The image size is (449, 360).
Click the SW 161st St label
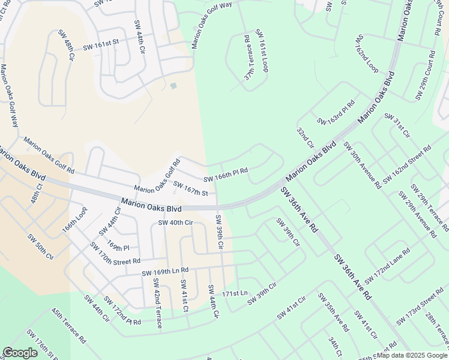pos(101,44)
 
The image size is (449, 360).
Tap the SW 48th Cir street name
pos(66,44)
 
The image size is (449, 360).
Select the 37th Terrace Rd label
pos(249,58)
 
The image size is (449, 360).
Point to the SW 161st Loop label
pos(262,50)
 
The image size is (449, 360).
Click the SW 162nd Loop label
pos(366,53)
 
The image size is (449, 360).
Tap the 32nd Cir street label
pos(306,137)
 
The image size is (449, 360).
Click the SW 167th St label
pos(191,188)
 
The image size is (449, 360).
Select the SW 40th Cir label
pos(175,223)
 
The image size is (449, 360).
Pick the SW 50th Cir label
pos(41,246)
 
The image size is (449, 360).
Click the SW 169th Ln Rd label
pos(165,272)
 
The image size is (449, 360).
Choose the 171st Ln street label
pos(235,293)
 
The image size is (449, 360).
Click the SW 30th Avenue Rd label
pos(362,164)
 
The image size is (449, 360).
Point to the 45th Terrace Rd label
pos(68,326)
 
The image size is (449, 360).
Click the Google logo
pos(20,353)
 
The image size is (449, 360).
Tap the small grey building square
pos(173,86)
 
